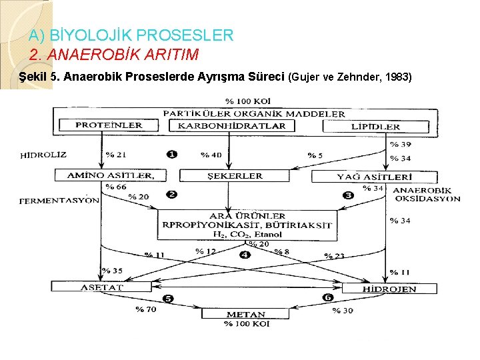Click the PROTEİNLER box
point(108,125)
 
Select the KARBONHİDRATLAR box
point(232,125)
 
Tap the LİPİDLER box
point(375,125)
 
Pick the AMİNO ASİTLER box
point(105,176)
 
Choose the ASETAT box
point(92,286)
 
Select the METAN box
point(246,314)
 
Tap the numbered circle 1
point(171,154)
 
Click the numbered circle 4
point(245,255)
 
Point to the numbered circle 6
point(327,297)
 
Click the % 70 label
point(145,309)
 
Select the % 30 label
point(343,311)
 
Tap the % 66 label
point(115,187)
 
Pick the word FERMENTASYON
point(59,199)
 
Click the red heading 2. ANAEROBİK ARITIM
point(114,53)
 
